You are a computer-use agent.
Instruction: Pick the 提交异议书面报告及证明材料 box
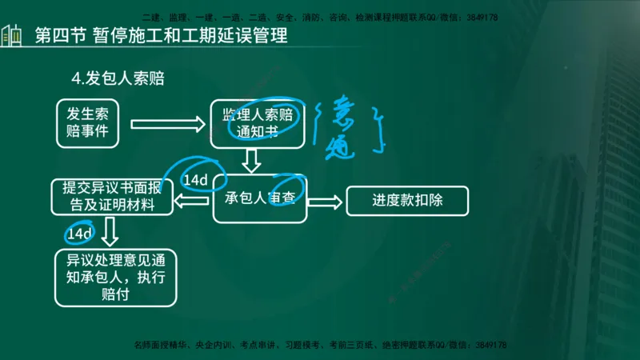tap(113, 197)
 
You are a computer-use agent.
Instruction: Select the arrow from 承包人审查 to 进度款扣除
tap(324, 201)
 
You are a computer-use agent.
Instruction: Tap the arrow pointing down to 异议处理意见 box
tap(111, 234)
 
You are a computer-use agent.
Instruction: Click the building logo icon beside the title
tap(11, 36)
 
